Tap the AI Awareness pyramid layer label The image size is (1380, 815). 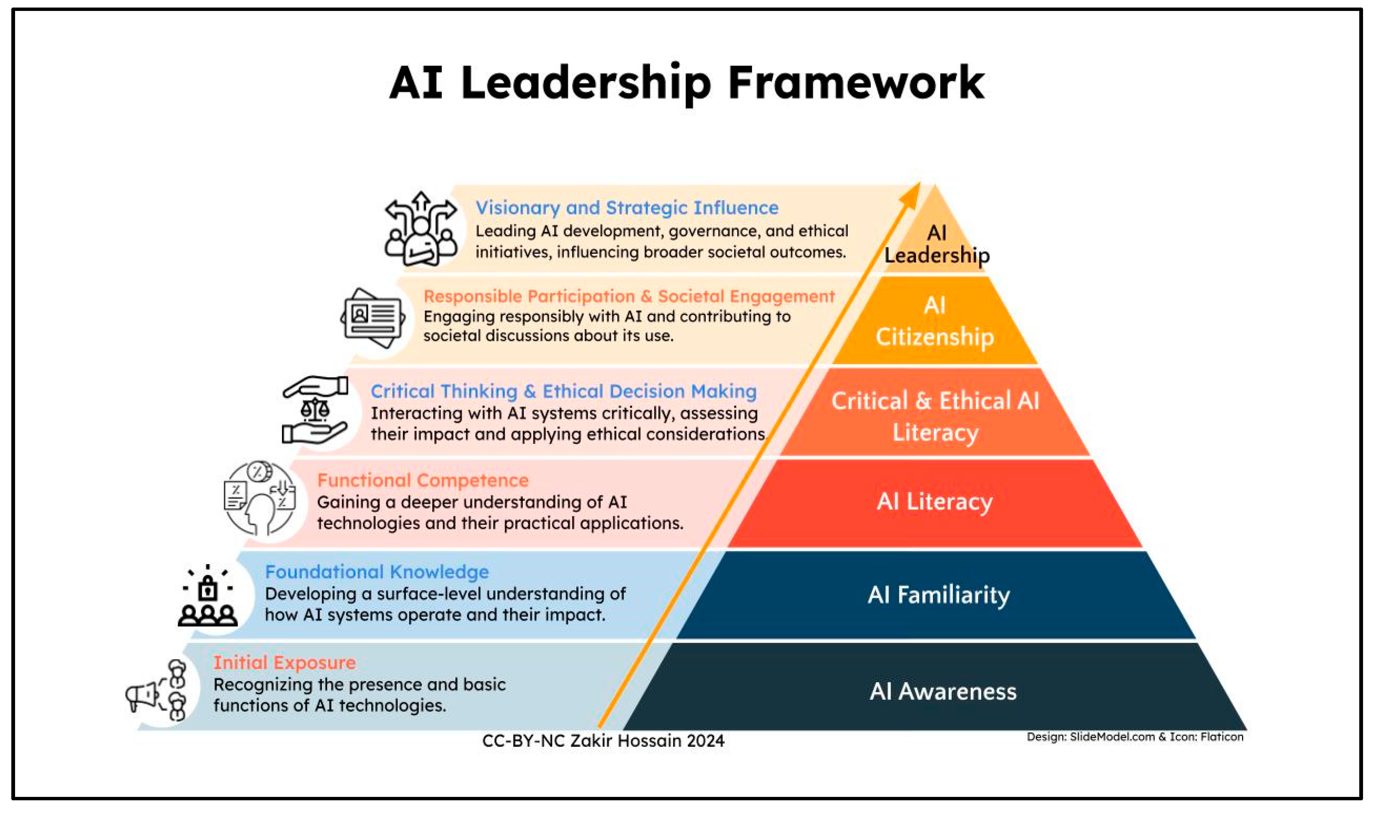pyautogui.click(x=942, y=691)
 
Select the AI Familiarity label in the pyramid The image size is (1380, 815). pyautogui.click(x=938, y=595)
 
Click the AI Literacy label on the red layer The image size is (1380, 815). pyautogui.click(x=934, y=502)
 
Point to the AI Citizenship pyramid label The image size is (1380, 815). pyautogui.click(x=934, y=321)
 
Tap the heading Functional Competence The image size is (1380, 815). pyautogui.click(x=423, y=480)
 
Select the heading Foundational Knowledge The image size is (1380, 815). pyautogui.click(x=377, y=572)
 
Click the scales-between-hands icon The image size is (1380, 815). pyautogui.click(x=314, y=410)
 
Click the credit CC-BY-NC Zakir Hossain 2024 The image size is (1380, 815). pyautogui.click(x=603, y=741)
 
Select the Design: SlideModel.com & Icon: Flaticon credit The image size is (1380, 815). pyautogui.click(x=1135, y=737)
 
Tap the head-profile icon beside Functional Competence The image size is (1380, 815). pyautogui.click(x=260, y=499)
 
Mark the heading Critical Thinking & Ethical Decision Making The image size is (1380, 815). pyautogui.click(x=563, y=391)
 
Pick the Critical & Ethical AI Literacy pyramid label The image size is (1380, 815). pyautogui.click(x=935, y=416)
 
